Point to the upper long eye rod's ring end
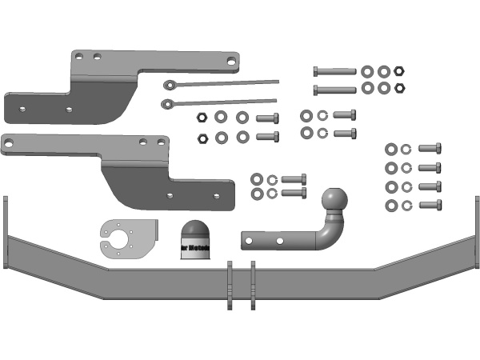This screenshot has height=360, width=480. [169, 85]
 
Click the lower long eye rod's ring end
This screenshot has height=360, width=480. [167, 103]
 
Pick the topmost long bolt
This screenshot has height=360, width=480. [334, 71]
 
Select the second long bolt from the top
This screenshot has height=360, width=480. [334, 89]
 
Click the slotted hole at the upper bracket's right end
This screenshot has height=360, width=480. [230, 60]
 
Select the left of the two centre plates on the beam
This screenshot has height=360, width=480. [230, 285]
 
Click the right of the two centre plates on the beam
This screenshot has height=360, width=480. [252, 285]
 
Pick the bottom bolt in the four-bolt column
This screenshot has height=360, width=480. [430, 206]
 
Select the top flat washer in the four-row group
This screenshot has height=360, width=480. [391, 149]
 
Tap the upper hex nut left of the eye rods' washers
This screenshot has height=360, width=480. [202, 117]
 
